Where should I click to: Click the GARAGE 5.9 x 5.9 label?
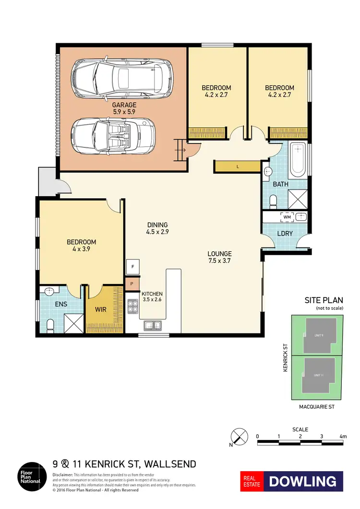coord(124,108)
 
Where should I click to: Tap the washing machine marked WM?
coord(288,217)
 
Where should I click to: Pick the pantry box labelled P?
coord(132,284)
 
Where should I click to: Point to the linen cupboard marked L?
coord(238,166)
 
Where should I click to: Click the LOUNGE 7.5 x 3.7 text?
coord(219,257)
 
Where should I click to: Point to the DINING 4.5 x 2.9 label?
coord(157,228)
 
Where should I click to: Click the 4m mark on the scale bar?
coord(342,437)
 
